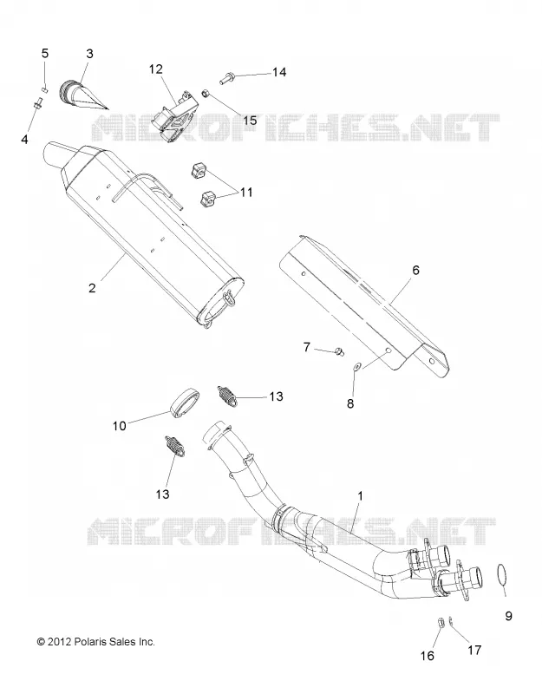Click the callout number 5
[45, 54]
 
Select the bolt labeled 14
[227, 79]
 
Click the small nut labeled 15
[206, 94]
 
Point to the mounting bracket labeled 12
[173, 112]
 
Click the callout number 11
[246, 193]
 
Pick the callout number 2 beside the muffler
[92, 288]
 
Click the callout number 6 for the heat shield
[415, 270]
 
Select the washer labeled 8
[356, 365]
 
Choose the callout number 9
[508, 616]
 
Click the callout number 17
[474, 650]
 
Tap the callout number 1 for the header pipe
[360, 496]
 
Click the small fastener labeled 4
[37, 105]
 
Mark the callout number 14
[279, 72]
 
